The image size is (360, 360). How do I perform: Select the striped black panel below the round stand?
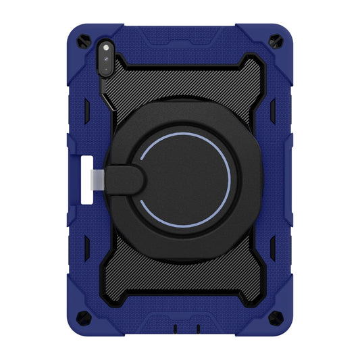(x=180, y=287)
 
